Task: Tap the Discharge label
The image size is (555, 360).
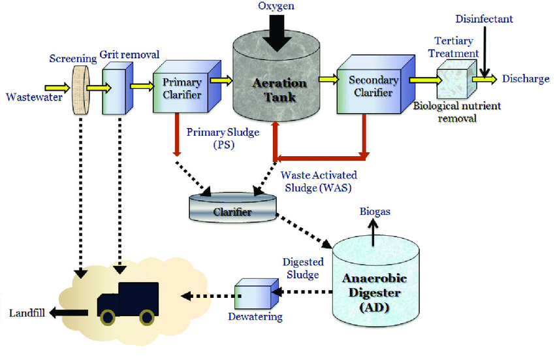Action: point(526,79)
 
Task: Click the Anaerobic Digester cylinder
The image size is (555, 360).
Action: point(375,281)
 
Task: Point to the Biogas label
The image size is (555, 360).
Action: point(375,212)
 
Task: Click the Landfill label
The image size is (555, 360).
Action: point(27,313)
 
